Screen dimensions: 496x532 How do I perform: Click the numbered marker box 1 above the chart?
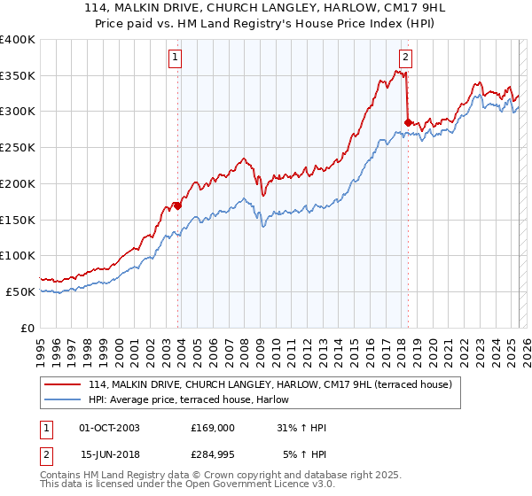[175, 58]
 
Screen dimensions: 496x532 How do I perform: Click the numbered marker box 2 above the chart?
[405, 58]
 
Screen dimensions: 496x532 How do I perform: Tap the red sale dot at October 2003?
[177, 205]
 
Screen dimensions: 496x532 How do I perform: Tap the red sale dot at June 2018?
[408, 122]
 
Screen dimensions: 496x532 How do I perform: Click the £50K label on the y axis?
[21, 291]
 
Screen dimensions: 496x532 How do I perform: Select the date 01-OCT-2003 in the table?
[109, 428]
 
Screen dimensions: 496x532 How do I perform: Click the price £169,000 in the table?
[213, 428]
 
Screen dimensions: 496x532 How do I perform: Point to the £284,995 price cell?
[213, 454]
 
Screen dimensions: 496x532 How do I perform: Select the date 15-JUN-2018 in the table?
[109, 454]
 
